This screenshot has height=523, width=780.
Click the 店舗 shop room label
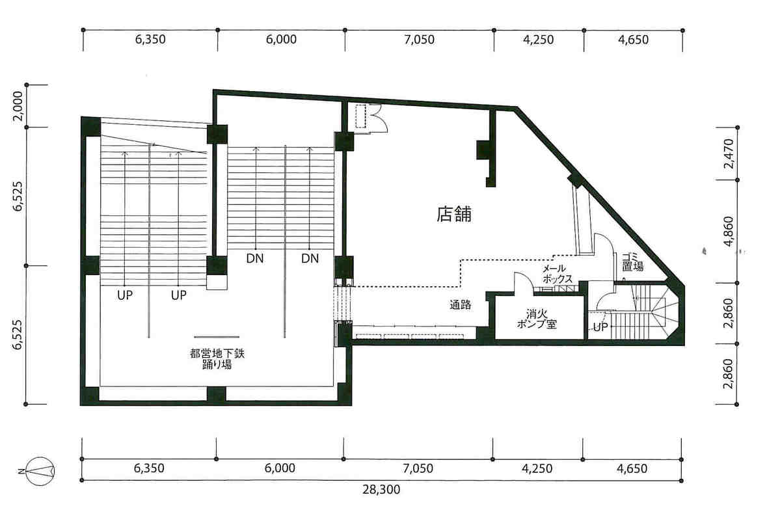click(453, 214)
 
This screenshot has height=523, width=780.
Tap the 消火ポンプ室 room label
click(537, 319)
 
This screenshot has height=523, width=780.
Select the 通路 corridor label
click(460, 305)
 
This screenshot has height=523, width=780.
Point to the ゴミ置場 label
click(632, 261)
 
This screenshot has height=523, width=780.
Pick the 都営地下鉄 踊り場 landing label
click(217, 359)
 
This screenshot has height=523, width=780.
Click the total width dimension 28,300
click(381, 490)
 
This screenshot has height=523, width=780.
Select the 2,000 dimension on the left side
click(18, 105)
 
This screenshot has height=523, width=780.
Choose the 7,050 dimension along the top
click(420, 39)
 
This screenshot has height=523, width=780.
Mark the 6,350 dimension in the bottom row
click(149, 468)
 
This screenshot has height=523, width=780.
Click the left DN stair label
click(255, 258)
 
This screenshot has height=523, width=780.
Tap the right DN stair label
click(310, 258)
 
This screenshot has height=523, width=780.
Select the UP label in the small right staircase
click(600, 327)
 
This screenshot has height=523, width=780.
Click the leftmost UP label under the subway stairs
click(125, 295)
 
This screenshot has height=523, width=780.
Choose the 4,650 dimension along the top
click(633, 39)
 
